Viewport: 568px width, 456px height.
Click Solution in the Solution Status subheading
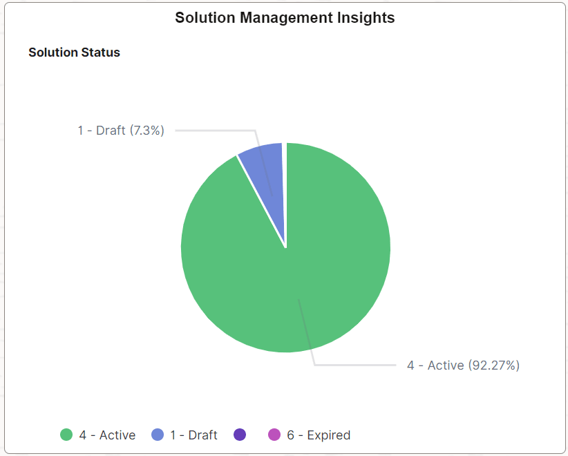[53, 53]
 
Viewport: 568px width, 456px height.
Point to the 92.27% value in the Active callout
[493, 365]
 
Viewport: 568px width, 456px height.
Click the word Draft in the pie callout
[111, 130]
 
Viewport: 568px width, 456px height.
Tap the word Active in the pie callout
[445, 365]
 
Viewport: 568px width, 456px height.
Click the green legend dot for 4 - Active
[66, 435]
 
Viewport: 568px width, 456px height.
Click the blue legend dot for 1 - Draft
[158, 435]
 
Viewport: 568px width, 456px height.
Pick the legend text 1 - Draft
[193, 435]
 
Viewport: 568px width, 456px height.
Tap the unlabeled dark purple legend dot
[240, 435]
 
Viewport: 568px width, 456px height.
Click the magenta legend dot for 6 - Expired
[274, 435]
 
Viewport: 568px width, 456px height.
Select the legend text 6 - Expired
[319, 435]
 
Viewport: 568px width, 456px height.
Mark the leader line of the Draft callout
[214, 130]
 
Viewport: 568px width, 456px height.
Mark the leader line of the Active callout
[352, 365]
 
